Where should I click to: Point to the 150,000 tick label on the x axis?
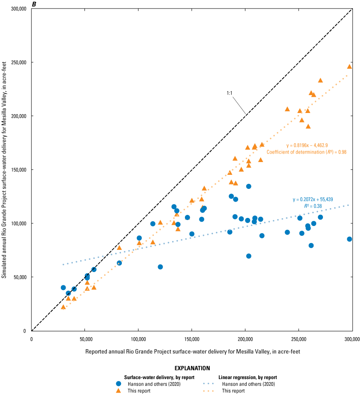(x=192, y=339)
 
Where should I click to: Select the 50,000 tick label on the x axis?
(x=85, y=339)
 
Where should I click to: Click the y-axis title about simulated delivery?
(x=4, y=169)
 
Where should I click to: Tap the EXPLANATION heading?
(x=192, y=368)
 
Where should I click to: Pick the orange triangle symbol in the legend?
(x=119, y=391)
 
